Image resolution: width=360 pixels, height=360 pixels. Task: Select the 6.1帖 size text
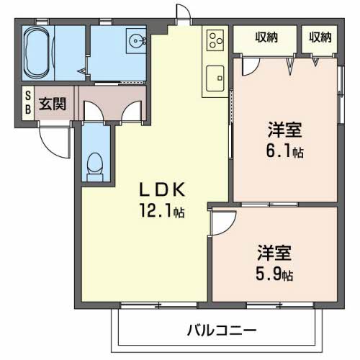(285, 152)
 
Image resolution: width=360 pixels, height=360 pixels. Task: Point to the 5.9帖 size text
(276, 274)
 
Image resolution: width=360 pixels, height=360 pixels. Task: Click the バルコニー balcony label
(222, 331)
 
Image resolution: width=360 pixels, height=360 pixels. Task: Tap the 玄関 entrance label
(53, 102)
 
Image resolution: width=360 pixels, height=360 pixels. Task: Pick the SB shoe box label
(27, 102)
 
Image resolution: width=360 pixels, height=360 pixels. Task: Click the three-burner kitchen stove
(216, 42)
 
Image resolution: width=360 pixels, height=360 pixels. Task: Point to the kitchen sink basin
(216, 76)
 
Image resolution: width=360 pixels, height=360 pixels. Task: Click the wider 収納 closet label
(266, 37)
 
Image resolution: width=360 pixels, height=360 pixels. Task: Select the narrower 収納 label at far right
(321, 37)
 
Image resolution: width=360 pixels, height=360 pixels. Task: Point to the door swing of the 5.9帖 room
(220, 222)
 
